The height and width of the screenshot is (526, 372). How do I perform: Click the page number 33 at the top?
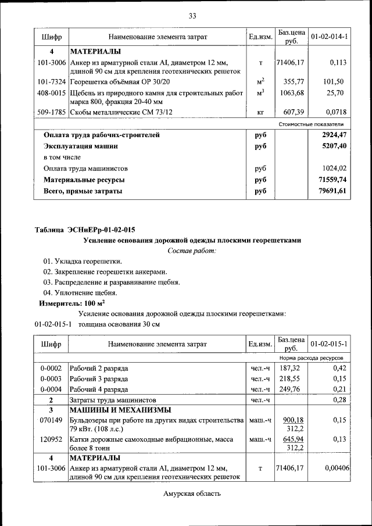click(x=192, y=15)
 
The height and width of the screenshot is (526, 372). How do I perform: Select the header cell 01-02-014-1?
click(x=329, y=37)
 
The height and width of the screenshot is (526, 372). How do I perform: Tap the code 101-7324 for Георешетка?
click(x=51, y=81)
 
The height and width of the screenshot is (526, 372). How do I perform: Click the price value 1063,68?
click(x=291, y=92)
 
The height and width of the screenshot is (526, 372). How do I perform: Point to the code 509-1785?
click(x=51, y=112)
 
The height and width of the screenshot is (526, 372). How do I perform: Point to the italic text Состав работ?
click(x=192, y=251)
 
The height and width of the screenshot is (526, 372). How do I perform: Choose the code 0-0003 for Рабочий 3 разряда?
click(x=51, y=378)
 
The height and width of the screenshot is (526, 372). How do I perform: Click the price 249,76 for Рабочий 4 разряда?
click(x=291, y=389)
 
